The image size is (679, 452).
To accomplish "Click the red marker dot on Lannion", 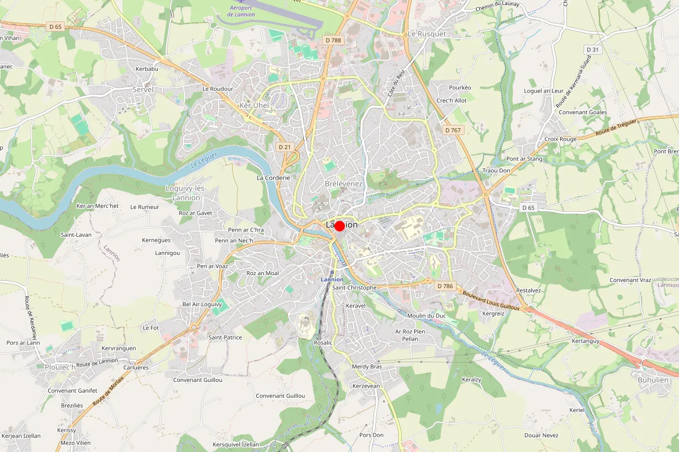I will click(x=339, y=226).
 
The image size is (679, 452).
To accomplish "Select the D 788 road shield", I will click(x=333, y=40).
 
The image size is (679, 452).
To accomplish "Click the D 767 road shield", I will click(x=453, y=130).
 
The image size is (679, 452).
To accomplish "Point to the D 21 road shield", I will click(x=285, y=147).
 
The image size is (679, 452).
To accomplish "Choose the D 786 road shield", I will click(x=445, y=286).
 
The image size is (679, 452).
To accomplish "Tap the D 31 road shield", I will click(x=592, y=50).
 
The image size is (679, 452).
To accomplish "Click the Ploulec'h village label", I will click(x=60, y=367).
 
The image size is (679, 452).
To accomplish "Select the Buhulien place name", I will click(x=653, y=380).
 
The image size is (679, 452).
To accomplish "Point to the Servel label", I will click(x=143, y=90).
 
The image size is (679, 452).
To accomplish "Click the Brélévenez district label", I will click(x=343, y=184).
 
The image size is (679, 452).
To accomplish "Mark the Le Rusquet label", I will click(x=427, y=34).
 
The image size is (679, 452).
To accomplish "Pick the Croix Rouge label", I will click(x=560, y=139).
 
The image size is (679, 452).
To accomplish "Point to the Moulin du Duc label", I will click(x=427, y=315).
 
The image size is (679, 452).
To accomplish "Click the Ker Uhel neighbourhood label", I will click(x=254, y=106).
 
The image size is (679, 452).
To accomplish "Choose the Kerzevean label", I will click(x=366, y=386).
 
